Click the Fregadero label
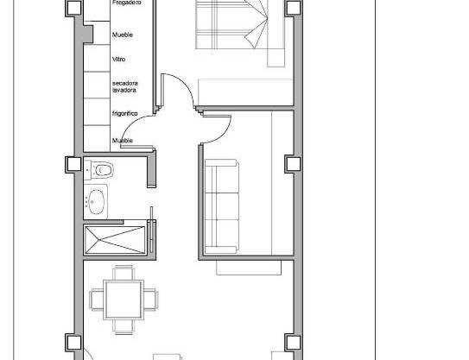click(x=126, y=3)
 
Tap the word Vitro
click(x=118, y=60)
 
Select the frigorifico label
click(x=125, y=114)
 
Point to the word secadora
click(x=125, y=83)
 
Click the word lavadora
click(x=124, y=90)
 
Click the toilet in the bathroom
click(x=99, y=170)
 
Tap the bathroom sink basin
click(x=97, y=202)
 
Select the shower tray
click(x=115, y=240)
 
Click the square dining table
click(x=124, y=300)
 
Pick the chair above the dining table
click(x=124, y=273)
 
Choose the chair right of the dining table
click(x=151, y=300)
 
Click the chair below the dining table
click(x=124, y=327)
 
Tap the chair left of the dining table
click(x=97, y=300)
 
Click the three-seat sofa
click(x=222, y=206)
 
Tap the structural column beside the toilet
click(x=73, y=164)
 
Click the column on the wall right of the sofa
click(x=293, y=164)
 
